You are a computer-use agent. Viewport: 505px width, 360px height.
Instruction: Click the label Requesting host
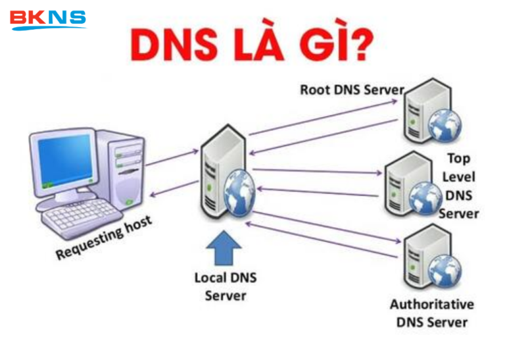coord(103,238)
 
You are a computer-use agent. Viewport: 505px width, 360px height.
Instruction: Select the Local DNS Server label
coord(225,286)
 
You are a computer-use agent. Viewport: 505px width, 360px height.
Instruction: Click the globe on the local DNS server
coord(239,190)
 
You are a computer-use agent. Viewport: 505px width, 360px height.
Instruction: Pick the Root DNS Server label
coord(351,90)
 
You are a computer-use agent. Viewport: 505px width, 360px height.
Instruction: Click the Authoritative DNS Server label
coord(431,313)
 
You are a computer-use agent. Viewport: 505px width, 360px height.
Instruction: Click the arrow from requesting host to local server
coord(172,158)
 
